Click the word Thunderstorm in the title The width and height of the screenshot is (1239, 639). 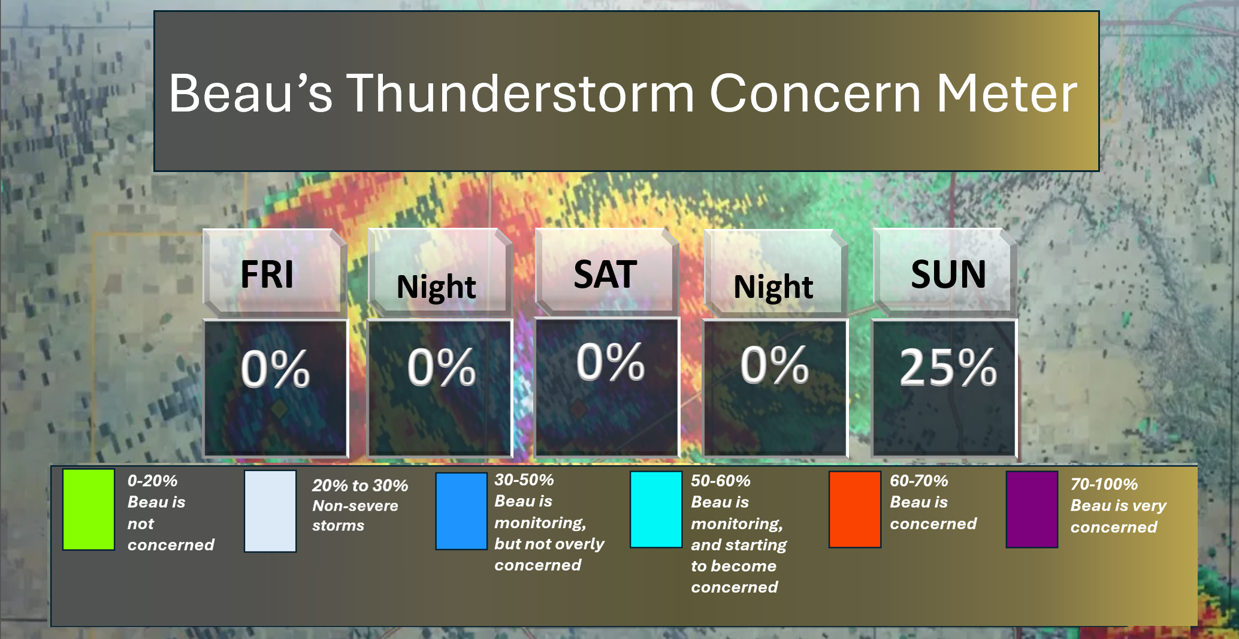coord(520,93)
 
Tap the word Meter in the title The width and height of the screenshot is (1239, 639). coord(1007,93)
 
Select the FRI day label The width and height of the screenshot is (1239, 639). coord(267,275)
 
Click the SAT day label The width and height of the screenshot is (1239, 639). coord(605,275)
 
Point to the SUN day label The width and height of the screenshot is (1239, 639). coord(948,275)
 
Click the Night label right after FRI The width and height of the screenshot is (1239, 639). coord(436,288)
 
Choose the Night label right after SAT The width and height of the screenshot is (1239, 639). coord(773,288)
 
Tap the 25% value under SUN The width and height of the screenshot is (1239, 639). coord(948,367)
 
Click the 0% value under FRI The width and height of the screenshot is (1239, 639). coord(275,368)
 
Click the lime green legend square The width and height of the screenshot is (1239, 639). coord(89,510)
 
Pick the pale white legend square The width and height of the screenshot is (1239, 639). coord(270,511)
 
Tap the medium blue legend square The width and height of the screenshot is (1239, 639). coord(461,511)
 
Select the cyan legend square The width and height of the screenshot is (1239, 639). coord(656,510)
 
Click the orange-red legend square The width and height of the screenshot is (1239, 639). coord(855,510)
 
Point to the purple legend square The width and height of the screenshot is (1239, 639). coord(1032,510)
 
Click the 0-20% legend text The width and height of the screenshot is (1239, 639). coord(152,481)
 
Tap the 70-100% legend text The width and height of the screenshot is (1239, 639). coord(1104,484)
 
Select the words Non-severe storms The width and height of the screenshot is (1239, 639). coord(355,516)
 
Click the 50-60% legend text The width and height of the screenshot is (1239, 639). coord(720,481)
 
